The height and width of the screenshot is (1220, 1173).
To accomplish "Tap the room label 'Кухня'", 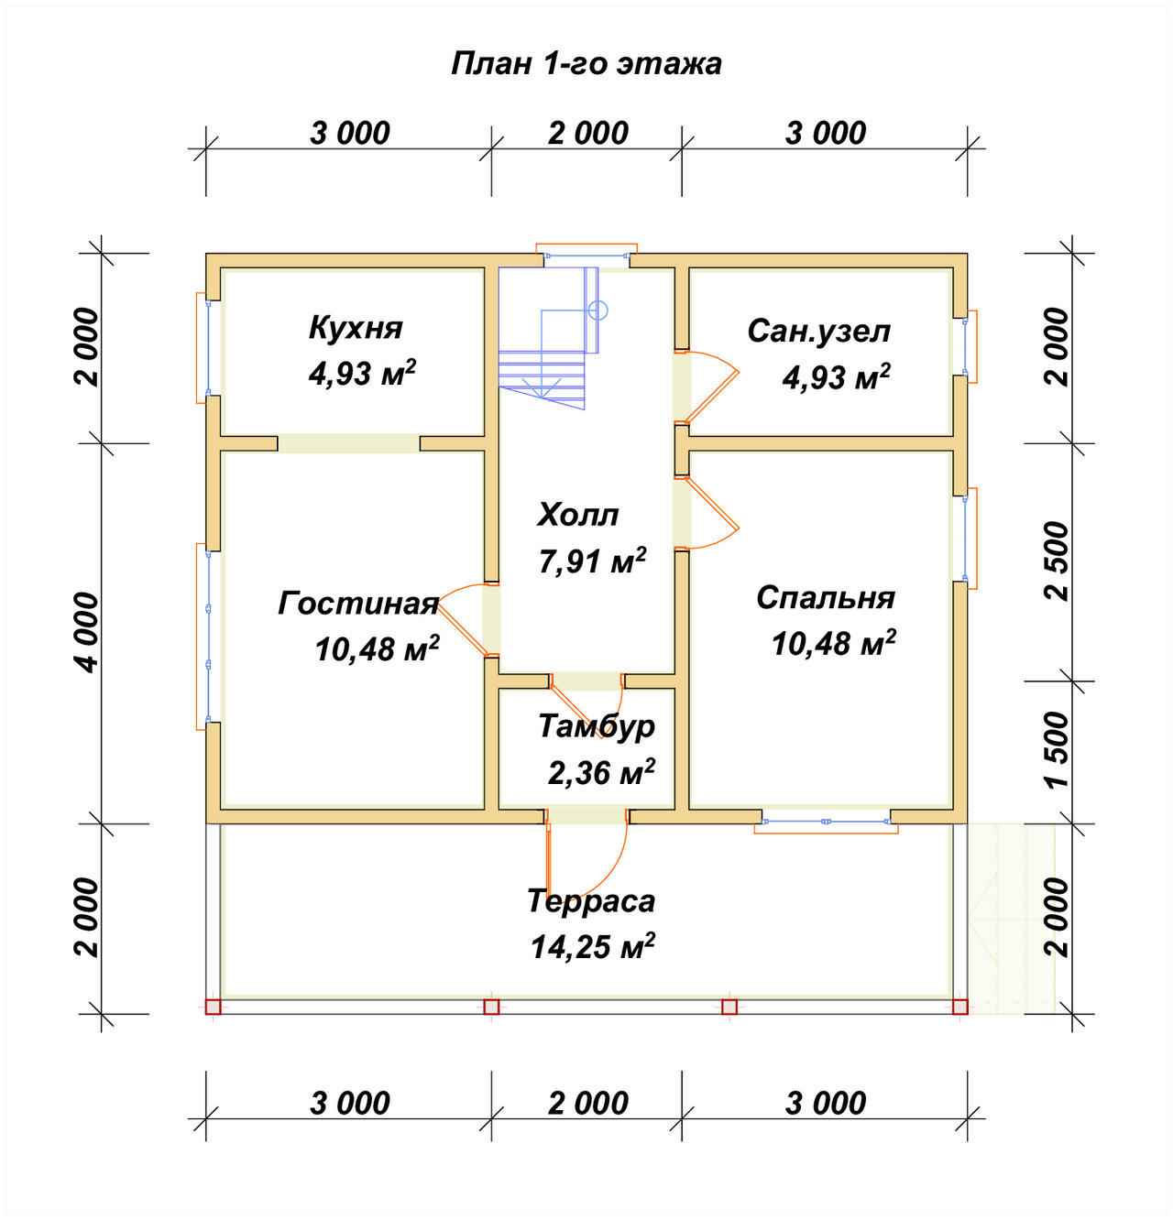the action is [355, 328].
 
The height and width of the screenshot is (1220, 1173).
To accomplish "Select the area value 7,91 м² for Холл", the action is [592, 561].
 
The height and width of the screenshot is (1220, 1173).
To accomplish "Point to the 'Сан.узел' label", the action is [818, 331].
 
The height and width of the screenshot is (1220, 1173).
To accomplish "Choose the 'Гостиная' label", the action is [357, 604].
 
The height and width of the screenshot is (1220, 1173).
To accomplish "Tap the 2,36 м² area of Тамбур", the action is [601, 772].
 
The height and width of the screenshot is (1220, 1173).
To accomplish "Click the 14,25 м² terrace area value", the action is [593, 946].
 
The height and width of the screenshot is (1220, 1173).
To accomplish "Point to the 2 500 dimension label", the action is [1057, 561].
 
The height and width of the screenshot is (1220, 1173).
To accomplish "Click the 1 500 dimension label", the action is [1057, 749].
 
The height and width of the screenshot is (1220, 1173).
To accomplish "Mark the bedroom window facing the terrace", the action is [826, 822].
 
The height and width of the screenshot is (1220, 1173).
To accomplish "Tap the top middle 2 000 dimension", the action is [587, 134].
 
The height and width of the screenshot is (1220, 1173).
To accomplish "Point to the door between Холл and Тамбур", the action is [586, 705].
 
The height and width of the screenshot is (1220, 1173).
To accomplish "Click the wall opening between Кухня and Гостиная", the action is [349, 443].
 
